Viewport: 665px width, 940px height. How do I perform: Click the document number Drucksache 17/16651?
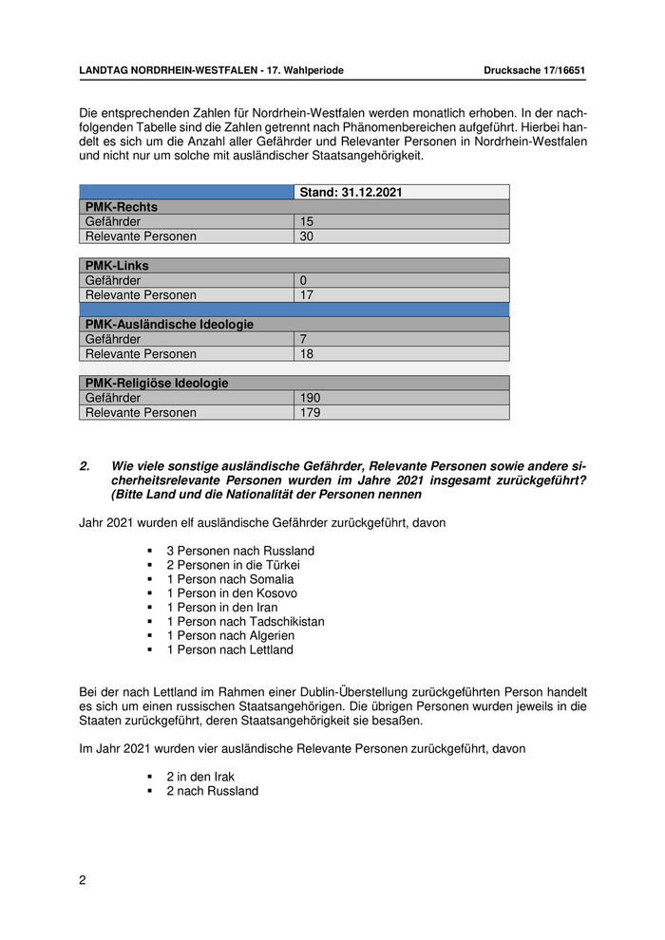(534, 70)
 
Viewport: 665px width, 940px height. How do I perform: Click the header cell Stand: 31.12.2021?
(351, 192)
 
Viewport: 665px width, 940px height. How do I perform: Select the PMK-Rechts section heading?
(122, 207)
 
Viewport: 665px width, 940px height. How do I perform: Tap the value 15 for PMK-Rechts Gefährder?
(307, 221)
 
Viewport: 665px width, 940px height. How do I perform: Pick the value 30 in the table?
(307, 236)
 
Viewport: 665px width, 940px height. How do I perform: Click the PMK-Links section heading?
(117, 266)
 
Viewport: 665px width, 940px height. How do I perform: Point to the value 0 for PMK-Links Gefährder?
(303, 280)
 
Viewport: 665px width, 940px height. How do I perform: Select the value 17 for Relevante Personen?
(306, 295)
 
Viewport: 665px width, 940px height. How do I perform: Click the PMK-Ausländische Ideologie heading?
(169, 325)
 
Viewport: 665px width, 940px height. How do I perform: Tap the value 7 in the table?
(303, 339)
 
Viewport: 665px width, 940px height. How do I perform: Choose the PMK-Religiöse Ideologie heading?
(157, 384)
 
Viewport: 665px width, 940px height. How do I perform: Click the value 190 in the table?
(310, 398)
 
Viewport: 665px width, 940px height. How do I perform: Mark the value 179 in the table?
(310, 413)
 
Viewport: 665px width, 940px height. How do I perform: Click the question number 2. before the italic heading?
(85, 466)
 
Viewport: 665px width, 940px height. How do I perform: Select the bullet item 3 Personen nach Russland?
(239, 551)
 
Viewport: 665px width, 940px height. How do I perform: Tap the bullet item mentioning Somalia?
(230, 579)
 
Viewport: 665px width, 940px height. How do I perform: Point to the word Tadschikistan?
(283, 622)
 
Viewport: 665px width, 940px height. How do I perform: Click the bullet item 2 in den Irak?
(199, 777)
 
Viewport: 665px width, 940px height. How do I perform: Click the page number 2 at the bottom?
(83, 880)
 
